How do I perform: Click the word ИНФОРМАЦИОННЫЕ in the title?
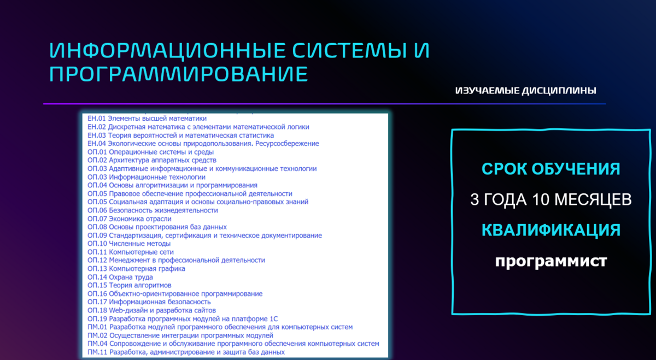(x=167, y=50)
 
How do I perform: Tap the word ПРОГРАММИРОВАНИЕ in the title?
(x=178, y=74)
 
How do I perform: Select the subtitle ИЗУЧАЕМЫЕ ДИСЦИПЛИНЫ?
(x=526, y=91)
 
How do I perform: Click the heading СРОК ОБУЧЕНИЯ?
(x=551, y=169)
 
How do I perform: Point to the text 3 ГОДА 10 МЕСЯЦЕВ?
(x=551, y=199)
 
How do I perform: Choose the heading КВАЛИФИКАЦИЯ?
(x=551, y=230)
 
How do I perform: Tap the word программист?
(x=551, y=261)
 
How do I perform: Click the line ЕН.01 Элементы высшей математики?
(x=147, y=119)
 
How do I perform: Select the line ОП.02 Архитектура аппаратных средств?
(x=152, y=161)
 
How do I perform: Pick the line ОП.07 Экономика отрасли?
(x=130, y=219)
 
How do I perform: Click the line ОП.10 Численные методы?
(x=129, y=244)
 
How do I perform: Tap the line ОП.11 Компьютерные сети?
(x=131, y=252)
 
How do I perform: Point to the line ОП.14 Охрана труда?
(x=120, y=277)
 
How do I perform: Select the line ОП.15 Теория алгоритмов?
(x=130, y=285)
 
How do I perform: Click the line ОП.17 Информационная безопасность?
(x=149, y=302)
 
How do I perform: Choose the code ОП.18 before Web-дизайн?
(x=97, y=310)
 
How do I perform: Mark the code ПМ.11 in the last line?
(x=97, y=352)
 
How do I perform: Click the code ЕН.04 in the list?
(x=97, y=144)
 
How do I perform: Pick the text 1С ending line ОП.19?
(x=273, y=319)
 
